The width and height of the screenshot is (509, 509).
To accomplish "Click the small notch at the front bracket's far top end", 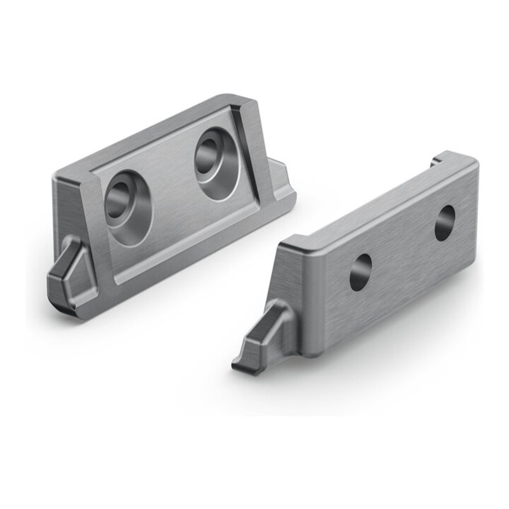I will click(x=436, y=160).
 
